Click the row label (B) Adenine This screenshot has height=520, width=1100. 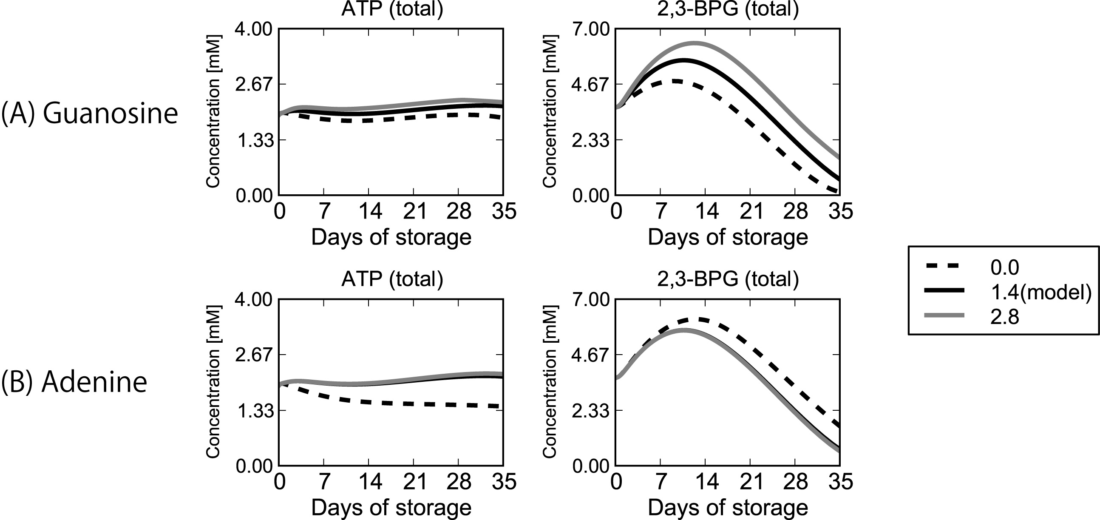coord(74,381)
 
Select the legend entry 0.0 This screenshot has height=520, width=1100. coord(1004,268)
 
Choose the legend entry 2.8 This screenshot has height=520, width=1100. coord(1004,317)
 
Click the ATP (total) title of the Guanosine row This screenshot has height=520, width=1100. coord(392,9)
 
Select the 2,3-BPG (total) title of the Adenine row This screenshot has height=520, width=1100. coord(728,279)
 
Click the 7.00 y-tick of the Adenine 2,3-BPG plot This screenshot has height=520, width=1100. coord(590,300)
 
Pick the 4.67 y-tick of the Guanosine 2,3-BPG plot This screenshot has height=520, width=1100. coord(590,84)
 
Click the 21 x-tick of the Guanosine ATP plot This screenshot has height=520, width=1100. coord(415,211)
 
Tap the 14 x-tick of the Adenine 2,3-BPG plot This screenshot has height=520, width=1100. coord(706,482)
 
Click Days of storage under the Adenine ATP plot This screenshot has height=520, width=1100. coord(391,508)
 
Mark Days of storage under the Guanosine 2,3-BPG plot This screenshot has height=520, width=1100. coord(728,237)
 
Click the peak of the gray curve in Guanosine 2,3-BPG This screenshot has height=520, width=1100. coord(695,43)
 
